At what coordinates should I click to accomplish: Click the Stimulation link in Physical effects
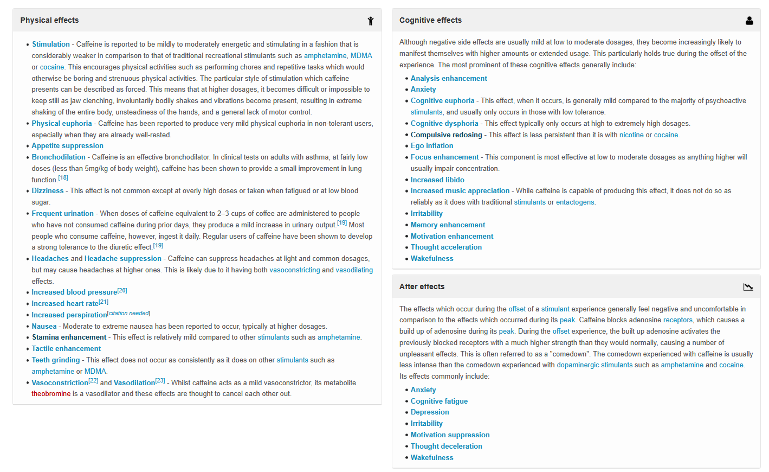(x=51, y=44)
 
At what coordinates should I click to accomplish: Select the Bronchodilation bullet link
(x=59, y=157)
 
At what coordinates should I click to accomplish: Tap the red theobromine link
(x=51, y=394)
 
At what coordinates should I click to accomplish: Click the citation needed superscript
(x=129, y=313)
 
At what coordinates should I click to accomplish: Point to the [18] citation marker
(x=63, y=178)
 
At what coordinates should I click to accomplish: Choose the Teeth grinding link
(x=55, y=360)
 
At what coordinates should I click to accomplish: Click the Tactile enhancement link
(x=66, y=349)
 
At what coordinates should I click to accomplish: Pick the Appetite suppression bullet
(x=67, y=146)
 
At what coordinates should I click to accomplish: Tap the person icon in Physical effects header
(x=371, y=21)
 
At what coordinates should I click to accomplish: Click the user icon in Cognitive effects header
(x=749, y=21)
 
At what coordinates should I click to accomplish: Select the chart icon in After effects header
(x=748, y=287)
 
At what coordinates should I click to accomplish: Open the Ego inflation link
(x=432, y=146)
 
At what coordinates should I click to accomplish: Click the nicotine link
(x=631, y=135)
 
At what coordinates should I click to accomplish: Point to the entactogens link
(x=575, y=202)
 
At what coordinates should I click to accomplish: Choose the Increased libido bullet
(x=437, y=180)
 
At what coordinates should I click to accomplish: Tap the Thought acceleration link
(x=446, y=247)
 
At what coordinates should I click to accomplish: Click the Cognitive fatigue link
(x=439, y=401)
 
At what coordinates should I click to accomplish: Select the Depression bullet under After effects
(x=430, y=412)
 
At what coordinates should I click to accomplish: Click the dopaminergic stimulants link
(x=594, y=365)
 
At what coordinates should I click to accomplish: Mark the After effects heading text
(x=422, y=287)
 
